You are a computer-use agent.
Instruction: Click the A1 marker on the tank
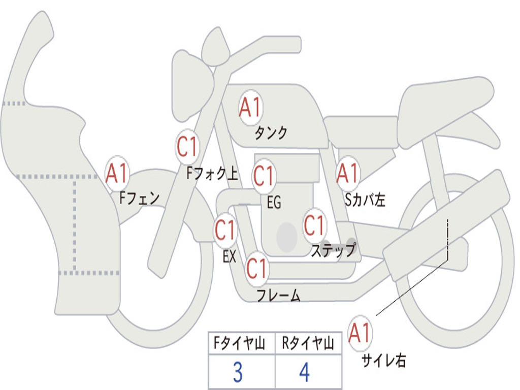tap(251, 108)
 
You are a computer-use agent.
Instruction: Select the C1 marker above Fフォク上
tap(187, 147)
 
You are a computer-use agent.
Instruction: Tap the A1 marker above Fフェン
tap(117, 173)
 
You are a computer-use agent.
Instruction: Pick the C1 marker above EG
tap(264, 176)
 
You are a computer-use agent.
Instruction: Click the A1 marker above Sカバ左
tap(348, 173)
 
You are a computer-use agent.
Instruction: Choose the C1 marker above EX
tap(225, 230)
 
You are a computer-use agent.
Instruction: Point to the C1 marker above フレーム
tap(257, 269)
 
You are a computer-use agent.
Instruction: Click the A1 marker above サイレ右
tap(360, 333)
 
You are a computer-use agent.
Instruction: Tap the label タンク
tap(271, 133)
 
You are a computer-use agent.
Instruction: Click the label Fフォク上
tap(212, 173)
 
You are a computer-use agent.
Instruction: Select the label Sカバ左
tap(365, 200)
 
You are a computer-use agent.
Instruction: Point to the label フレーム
tap(279, 295)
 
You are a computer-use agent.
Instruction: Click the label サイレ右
tap(384, 361)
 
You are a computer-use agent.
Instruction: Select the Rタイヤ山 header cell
tap(308, 343)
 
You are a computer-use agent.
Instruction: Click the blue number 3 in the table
tap(238, 372)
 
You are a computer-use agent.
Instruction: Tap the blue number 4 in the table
tap(305, 372)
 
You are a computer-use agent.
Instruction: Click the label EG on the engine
tap(274, 202)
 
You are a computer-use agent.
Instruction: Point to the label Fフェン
tap(139, 199)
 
